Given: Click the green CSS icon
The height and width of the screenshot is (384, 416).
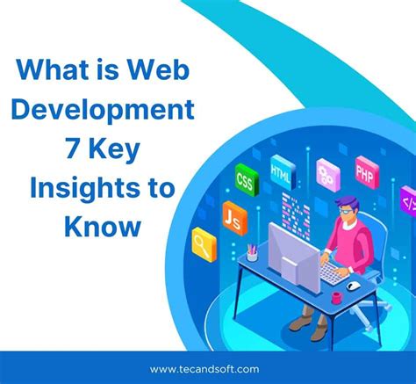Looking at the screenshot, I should (246, 182).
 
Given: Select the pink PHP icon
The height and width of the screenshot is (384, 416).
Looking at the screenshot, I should (365, 167).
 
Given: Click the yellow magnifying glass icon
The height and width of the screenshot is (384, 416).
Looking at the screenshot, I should (205, 241).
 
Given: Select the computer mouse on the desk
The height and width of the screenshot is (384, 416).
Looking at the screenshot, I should (353, 286).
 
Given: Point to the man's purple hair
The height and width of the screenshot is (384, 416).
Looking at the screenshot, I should (345, 199).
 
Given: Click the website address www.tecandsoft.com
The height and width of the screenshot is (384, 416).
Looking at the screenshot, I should (207, 369).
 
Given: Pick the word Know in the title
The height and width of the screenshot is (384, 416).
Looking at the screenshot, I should (101, 226).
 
